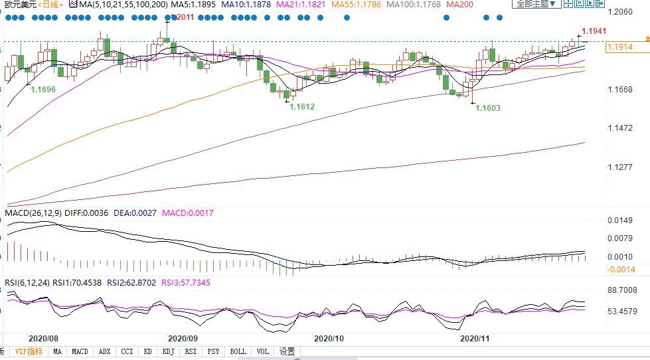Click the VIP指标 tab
coord(29,351)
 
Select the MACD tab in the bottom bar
coord(80,351)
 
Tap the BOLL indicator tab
coord(238,351)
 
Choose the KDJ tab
coord(168,351)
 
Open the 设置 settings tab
coord(287,351)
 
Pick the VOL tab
coord(262,351)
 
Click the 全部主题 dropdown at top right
coord(535,4)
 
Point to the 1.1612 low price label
coord(302,106)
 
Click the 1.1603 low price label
coord(488,108)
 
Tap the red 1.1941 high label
coord(594,31)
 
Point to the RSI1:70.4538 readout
coord(77,283)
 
